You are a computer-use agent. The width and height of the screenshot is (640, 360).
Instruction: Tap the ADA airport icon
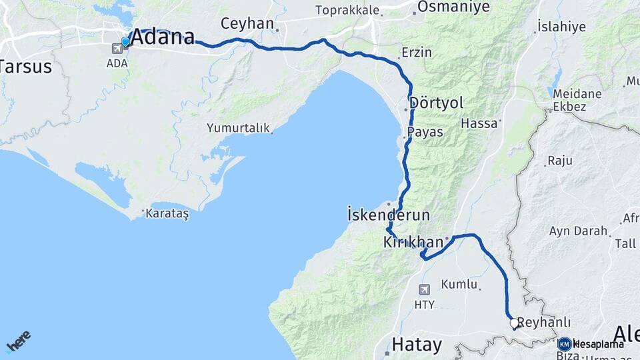tap(117, 48)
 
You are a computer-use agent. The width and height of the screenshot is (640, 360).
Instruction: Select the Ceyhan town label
tap(247, 24)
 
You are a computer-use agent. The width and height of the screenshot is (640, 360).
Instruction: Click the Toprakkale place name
tap(347, 11)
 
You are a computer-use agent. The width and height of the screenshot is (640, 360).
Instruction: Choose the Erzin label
tap(417, 52)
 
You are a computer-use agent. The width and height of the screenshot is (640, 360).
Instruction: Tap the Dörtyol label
tap(437, 103)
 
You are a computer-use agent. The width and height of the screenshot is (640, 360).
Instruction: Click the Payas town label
tap(425, 132)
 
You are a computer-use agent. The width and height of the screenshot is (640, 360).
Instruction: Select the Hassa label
tap(479, 123)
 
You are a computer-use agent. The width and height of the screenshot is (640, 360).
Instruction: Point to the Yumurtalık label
tap(238, 127)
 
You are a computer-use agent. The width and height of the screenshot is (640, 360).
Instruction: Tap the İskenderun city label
tap(389, 215)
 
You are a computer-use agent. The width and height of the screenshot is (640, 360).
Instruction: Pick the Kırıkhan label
tap(413, 243)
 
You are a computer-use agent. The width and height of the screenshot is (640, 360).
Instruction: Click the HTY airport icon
tap(425, 289)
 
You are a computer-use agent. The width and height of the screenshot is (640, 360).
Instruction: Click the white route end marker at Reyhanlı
tap(514, 323)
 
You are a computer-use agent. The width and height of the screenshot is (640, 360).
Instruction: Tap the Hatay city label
tap(417, 345)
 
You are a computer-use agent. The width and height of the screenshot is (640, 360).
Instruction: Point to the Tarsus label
tap(26, 67)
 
